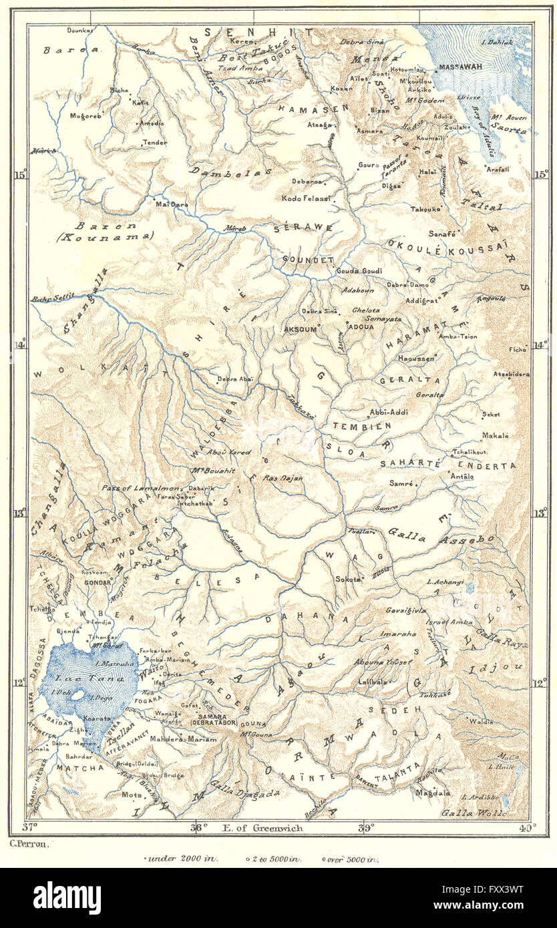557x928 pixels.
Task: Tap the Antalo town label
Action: pyautogui.click(x=462, y=476)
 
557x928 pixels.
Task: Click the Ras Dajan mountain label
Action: pyautogui.click(x=283, y=478)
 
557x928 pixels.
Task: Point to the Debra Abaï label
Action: pyautogui.click(x=235, y=379)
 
